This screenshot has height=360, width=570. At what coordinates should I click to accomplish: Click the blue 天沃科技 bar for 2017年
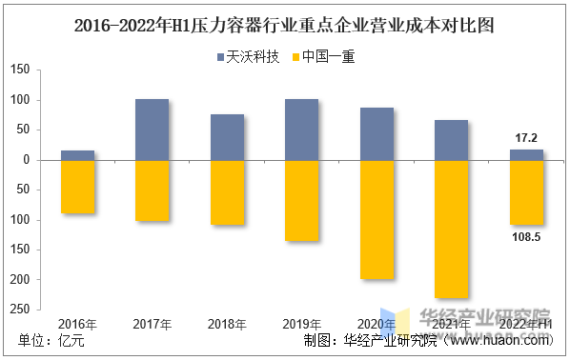[x=153, y=130]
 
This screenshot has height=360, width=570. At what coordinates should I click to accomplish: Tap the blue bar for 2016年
[x=77, y=155]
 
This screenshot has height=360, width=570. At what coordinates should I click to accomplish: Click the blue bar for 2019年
[x=301, y=130]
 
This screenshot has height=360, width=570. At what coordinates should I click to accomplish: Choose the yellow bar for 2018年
[x=227, y=192]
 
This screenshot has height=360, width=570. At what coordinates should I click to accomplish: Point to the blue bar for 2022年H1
[x=526, y=154]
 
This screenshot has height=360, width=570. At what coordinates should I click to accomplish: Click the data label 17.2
[x=526, y=138]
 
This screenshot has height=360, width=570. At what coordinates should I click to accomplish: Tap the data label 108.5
[x=525, y=236]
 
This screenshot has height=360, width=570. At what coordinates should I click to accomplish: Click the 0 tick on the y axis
[x=29, y=160]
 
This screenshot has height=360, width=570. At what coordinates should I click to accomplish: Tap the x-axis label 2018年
[x=227, y=325]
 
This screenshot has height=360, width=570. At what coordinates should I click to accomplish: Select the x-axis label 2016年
[x=77, y=325]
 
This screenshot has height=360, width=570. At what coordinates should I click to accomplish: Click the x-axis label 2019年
[x=301, y=325]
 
